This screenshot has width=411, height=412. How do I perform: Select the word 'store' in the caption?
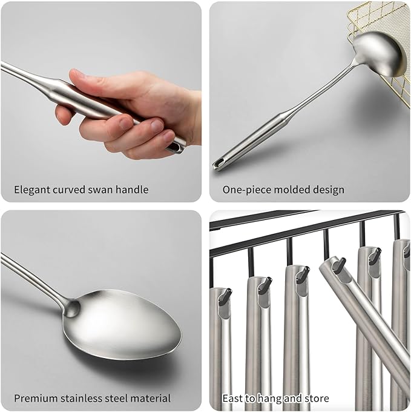tap(315, 399)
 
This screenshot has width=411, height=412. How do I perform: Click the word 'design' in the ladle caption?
tap(329, 190)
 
